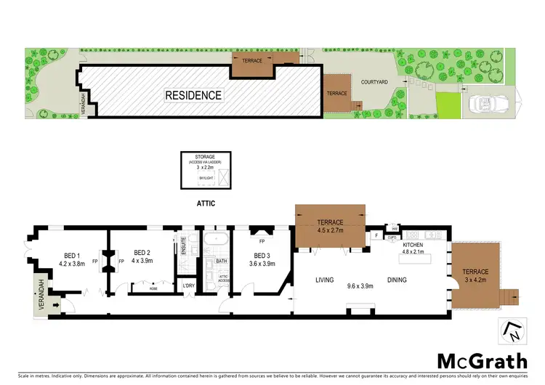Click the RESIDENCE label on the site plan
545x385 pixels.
193,95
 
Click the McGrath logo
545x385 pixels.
483,360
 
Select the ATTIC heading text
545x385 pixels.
206,204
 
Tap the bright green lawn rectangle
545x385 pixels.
448,107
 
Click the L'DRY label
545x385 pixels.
187,286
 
